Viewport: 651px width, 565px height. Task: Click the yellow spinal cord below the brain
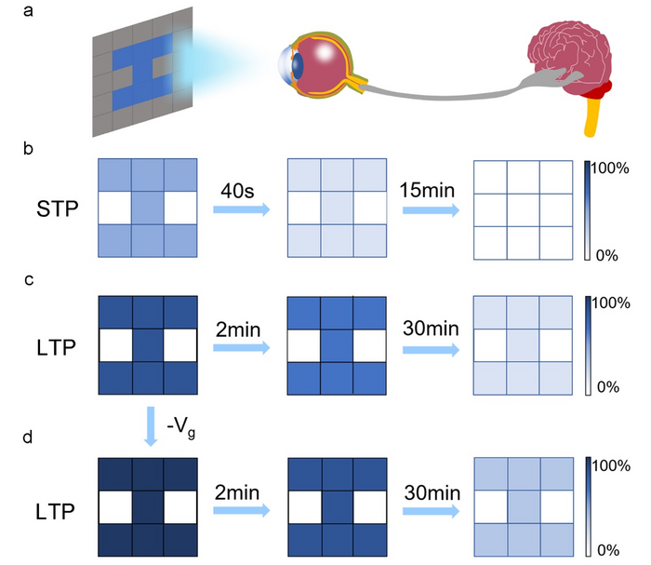(590, 115)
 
